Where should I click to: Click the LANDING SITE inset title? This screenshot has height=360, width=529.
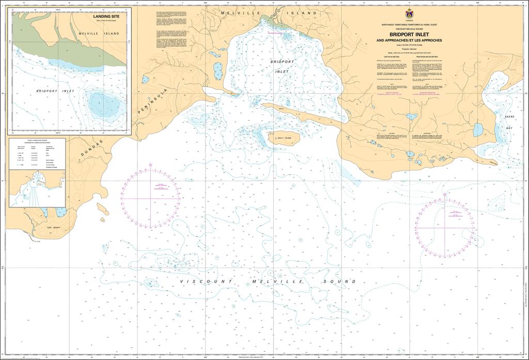click(x=106, y=17)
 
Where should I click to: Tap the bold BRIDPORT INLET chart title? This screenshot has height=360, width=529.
click(x=408, y=35)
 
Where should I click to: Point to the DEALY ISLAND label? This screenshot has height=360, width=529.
click(x=285, y=138)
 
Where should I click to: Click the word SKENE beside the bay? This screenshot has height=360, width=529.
click(x=510, y=118)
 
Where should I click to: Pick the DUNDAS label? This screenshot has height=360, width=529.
click(x=92, y=148)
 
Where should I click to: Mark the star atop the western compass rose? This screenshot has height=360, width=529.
click(x=150, y=165)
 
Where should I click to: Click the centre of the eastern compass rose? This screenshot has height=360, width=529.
click(x=444, y=227)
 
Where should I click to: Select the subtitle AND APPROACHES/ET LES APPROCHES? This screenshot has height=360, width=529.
click(x=408, y=41)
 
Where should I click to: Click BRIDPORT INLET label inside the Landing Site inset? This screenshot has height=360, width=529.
click(x=55, y=91)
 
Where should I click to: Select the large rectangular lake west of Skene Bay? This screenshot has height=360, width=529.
click(x=478, y=130)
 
